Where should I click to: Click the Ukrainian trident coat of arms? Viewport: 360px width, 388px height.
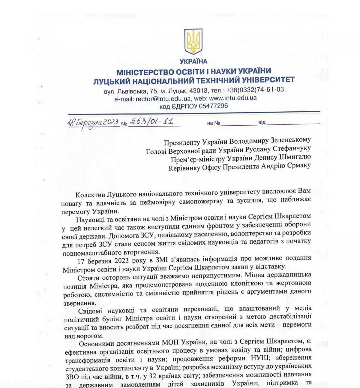pos(193,41)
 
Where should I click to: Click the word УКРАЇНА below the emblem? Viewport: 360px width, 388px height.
pos(193,62)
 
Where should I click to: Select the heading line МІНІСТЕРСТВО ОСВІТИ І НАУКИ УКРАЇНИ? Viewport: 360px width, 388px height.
pos(193,72)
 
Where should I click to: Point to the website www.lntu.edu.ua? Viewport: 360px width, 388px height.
pos(233,98)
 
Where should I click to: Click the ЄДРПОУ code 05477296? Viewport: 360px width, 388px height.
pos(213,106)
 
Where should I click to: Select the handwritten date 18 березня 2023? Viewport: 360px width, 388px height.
pos(93,123)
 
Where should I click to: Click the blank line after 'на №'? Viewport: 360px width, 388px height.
pos(239,123)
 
